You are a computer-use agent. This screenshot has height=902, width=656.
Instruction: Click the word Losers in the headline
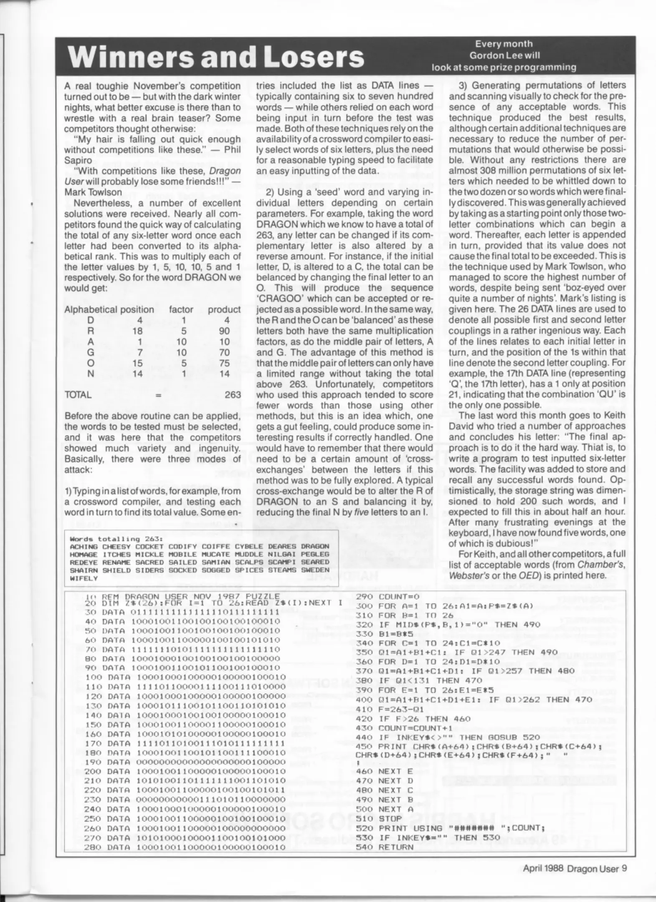pos(316,57)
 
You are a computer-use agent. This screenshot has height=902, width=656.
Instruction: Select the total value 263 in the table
pos(233,395)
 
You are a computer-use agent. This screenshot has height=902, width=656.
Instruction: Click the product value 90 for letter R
pos(224,331)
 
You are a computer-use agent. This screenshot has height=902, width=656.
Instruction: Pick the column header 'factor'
pos(181,309)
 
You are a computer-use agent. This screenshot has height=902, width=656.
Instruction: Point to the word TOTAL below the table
pos(78,395)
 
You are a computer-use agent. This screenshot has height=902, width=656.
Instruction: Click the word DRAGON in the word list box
pos(315,546)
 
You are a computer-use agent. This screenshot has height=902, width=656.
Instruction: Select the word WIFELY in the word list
pos(84,578)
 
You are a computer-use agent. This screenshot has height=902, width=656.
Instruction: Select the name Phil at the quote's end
pos(232,150)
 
